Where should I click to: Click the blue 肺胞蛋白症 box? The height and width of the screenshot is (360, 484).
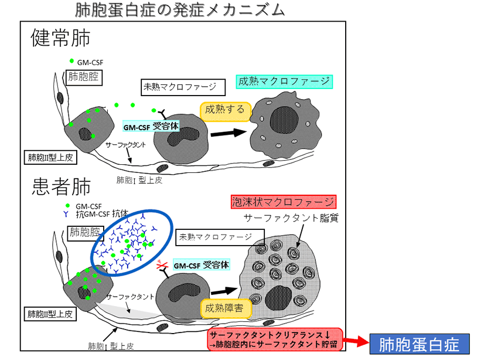pos(420,344)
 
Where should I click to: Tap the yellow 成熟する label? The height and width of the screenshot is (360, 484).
pos(226,111)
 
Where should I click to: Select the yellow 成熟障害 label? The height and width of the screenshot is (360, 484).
pos(226,308)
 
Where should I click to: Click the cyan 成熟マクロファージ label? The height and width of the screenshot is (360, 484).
pos(284,81)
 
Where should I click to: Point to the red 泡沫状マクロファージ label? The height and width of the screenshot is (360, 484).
pos(284,202)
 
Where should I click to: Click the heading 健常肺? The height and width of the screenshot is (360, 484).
pos(60,38)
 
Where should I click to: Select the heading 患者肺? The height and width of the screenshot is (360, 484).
pos(61,187)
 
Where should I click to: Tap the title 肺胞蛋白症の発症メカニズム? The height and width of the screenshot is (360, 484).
pos(180,10)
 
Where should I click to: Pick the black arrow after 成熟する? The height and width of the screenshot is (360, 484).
pos(229,133)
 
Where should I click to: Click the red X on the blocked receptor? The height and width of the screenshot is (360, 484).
pos(162,265)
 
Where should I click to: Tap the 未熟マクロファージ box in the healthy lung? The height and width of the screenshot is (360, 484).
pos(183,87)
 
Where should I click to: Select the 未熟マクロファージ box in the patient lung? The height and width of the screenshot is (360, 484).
pos(220,237)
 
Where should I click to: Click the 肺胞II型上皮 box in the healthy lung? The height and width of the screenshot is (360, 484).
pos(50,158)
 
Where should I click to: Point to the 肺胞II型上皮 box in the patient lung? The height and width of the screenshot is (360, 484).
pos(50,314)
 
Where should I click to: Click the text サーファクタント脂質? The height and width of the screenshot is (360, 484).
pos(291,218)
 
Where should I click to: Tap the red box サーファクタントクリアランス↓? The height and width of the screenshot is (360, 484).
pos(275,339)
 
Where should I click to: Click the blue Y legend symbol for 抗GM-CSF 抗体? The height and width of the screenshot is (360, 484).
pos(66,214)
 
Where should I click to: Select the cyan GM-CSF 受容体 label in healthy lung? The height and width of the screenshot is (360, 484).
pos(151,126)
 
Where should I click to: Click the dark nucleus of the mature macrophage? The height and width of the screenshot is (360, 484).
pos(284,120)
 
